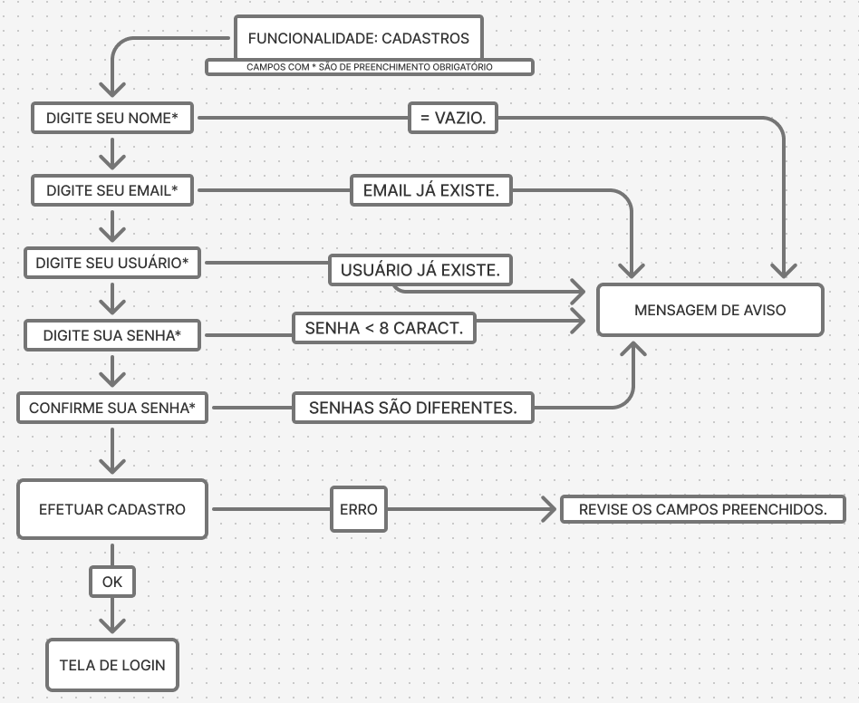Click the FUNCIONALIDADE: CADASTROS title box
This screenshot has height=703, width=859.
pos(358,39)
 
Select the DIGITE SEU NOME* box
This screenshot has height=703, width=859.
pos(111,118)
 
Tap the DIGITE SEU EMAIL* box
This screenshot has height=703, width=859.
pos(111,190)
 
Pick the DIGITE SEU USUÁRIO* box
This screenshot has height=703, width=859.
pos(111,263)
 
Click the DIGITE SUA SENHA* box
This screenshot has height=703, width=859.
pos(111,335)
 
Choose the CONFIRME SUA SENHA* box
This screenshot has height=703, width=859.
pos(111,408)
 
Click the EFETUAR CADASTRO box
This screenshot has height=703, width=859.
pos(111,509)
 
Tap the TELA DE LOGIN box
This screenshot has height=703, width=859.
pos(111,665)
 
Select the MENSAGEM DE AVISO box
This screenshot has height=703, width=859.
pos(709,310)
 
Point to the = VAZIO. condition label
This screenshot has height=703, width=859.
pos(453,118)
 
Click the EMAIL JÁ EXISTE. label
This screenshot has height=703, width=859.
pos(430,190)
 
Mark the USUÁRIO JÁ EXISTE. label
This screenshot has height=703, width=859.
pos(420,270)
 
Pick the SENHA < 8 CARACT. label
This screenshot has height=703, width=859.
pos(383,328)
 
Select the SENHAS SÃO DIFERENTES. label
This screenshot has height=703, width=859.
pos(412,408)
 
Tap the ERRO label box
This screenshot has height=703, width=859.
pos(358,509)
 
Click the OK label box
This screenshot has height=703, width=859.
pos(111,582)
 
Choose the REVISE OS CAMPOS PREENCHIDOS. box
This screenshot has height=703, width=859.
pos(702,509)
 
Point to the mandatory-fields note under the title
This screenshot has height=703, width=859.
pos(369,67)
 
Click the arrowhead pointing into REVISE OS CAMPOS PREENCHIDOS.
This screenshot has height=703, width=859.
pos(547,509)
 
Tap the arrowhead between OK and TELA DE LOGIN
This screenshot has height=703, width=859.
pos(111,623)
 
